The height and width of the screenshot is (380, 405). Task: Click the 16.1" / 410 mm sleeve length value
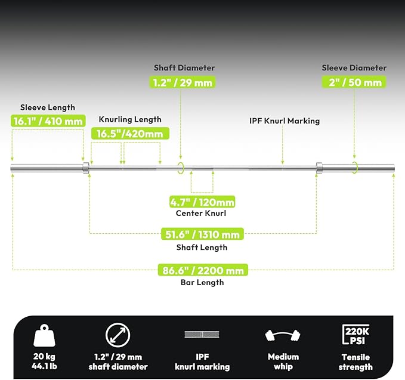click(48, 121)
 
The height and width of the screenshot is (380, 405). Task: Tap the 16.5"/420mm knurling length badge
click(130, 134)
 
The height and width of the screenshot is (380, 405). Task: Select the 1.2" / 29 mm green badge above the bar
click(183, 82)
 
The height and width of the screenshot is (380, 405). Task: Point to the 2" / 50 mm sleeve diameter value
click(354, 82)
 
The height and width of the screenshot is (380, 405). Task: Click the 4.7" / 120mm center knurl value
click(202, 202)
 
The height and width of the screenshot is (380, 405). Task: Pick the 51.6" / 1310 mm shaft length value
click(202, 234)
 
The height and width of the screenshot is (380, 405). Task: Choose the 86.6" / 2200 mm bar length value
click(203, 270)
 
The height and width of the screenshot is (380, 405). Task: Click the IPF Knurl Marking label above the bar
click(285, 121)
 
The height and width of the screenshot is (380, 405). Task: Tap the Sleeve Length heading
click(48, 107)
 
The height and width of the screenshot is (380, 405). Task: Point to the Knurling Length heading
click(130, 119)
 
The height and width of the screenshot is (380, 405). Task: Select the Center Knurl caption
click(201, 213)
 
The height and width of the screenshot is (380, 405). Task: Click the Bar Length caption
click(202, 282)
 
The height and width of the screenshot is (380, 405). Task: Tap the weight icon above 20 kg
click(44, 335)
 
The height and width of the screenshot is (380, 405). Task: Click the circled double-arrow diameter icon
click(118, 335)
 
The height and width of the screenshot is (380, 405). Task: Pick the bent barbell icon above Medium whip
click(283, 335)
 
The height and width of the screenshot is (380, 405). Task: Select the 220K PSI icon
click(356, 335)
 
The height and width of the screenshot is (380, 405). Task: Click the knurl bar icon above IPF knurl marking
click(202, 334)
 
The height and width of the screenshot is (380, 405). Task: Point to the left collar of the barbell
click(86, 168)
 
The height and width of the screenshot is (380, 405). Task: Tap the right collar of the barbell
click(319, 168)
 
